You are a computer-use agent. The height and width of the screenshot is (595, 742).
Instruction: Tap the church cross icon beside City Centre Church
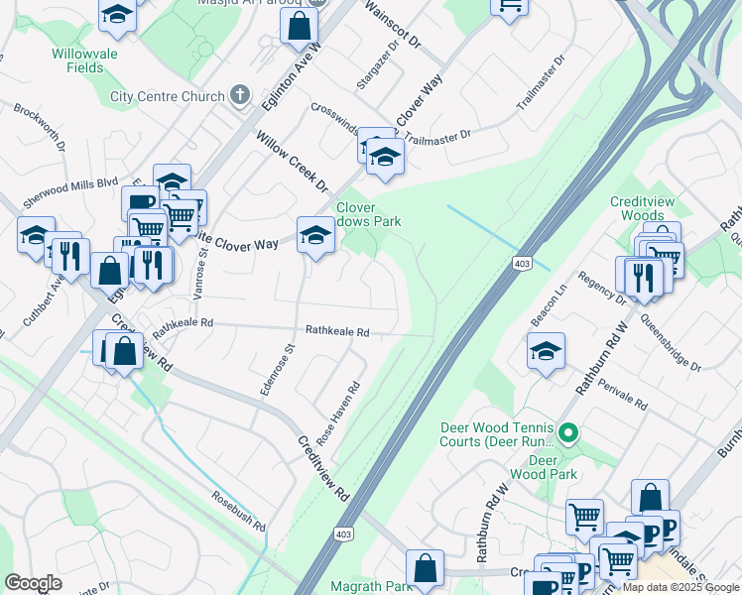tap(239, 96)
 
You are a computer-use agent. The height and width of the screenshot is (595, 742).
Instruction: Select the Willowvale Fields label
tap(98, 60)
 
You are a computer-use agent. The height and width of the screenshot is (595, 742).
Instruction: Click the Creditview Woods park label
tap(636, 208)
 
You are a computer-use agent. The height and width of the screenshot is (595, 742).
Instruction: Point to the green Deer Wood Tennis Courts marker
tap(567, 432)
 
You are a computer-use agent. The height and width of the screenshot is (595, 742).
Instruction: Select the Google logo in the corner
tap(33, 583)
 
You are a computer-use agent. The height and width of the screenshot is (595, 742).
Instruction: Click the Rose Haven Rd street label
tap(337, 412)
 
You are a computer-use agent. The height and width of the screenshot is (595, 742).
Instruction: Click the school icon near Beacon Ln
tap(546, 351)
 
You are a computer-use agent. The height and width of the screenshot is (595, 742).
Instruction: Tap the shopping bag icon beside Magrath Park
tap(425, 569)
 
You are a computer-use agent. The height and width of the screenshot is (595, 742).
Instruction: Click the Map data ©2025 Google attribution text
tap(680, 587)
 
